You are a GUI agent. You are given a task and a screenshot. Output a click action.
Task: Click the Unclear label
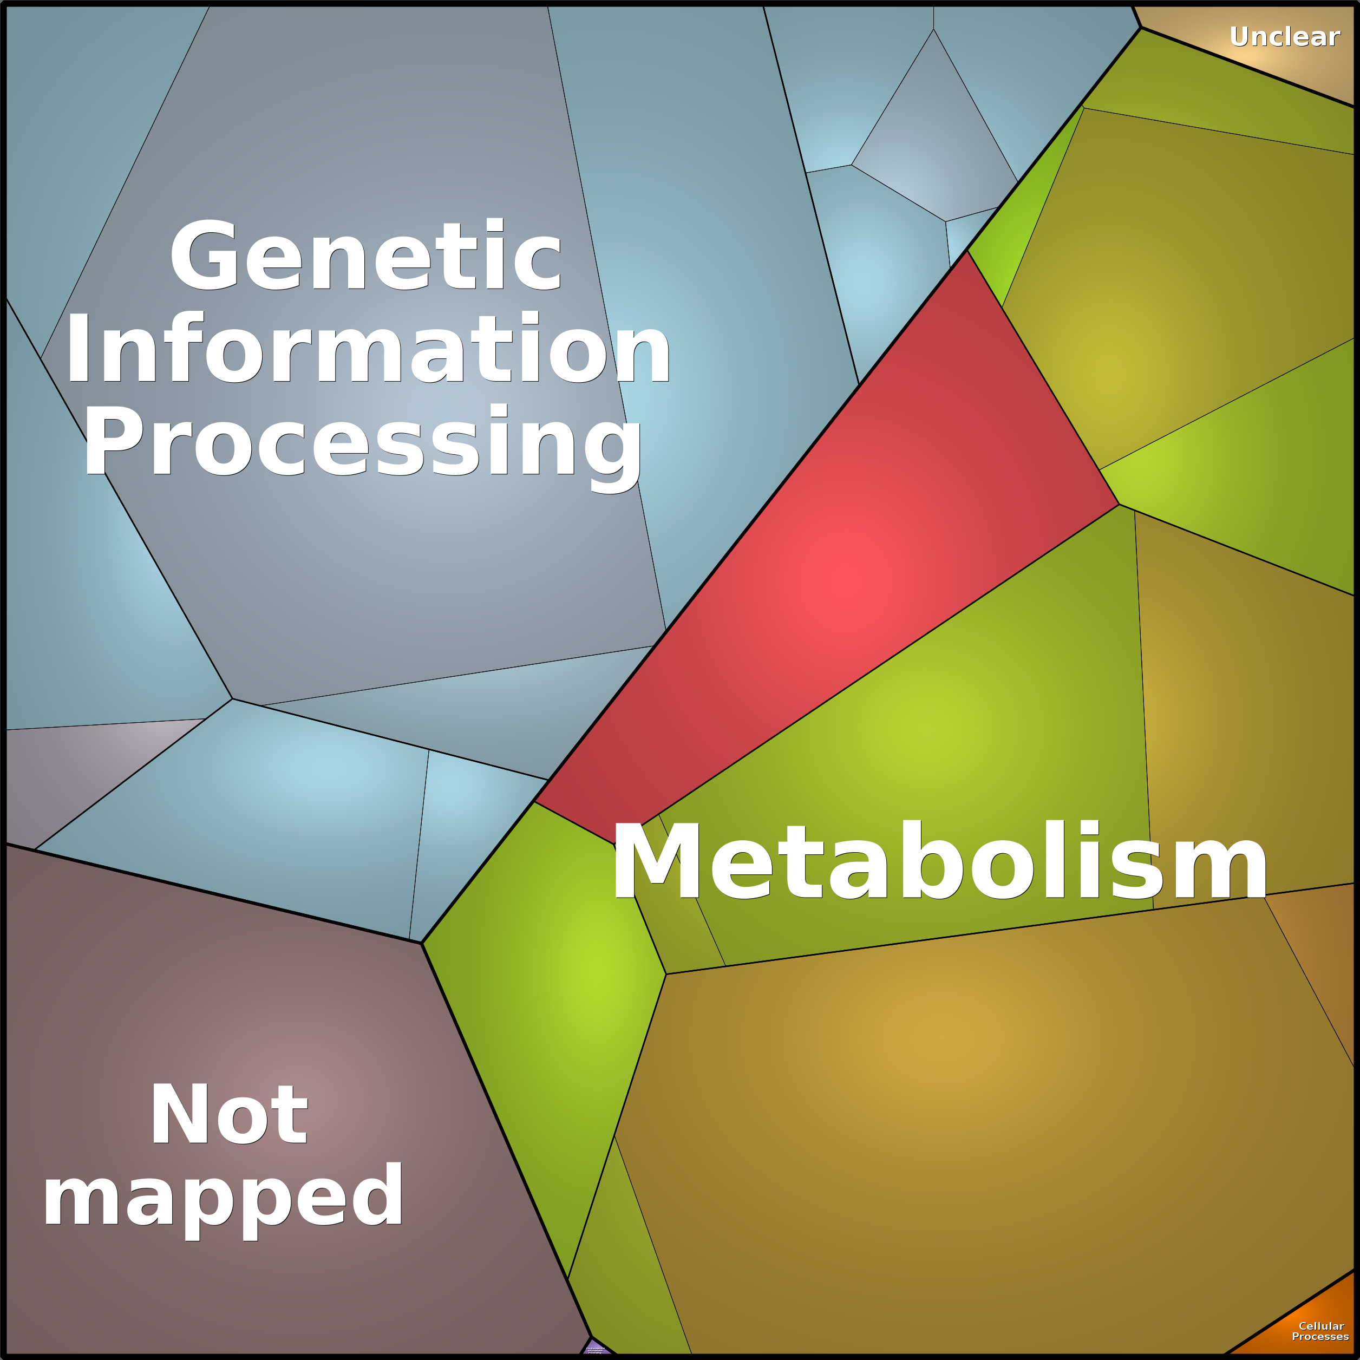pyautogui.click(x=1284, y=37)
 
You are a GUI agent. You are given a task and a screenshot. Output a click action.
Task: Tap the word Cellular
pyautogui.click(x=1321, y=1325)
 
